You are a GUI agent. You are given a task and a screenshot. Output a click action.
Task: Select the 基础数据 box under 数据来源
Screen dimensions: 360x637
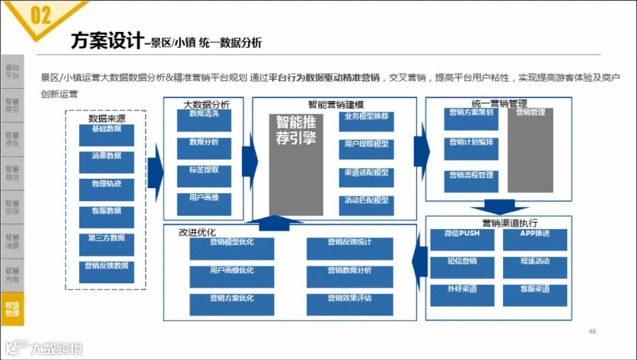107,135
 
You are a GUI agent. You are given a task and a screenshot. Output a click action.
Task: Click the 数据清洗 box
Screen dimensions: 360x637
204,120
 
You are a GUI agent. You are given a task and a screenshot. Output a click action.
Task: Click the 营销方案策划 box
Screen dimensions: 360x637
471,119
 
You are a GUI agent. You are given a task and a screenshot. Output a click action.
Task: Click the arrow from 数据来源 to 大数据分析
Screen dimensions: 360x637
155,171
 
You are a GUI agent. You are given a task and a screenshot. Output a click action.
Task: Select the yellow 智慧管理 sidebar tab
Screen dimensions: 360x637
12,309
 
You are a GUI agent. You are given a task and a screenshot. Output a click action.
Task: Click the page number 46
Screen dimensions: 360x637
592,332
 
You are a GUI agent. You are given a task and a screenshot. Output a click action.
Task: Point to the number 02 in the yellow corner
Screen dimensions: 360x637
40,15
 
